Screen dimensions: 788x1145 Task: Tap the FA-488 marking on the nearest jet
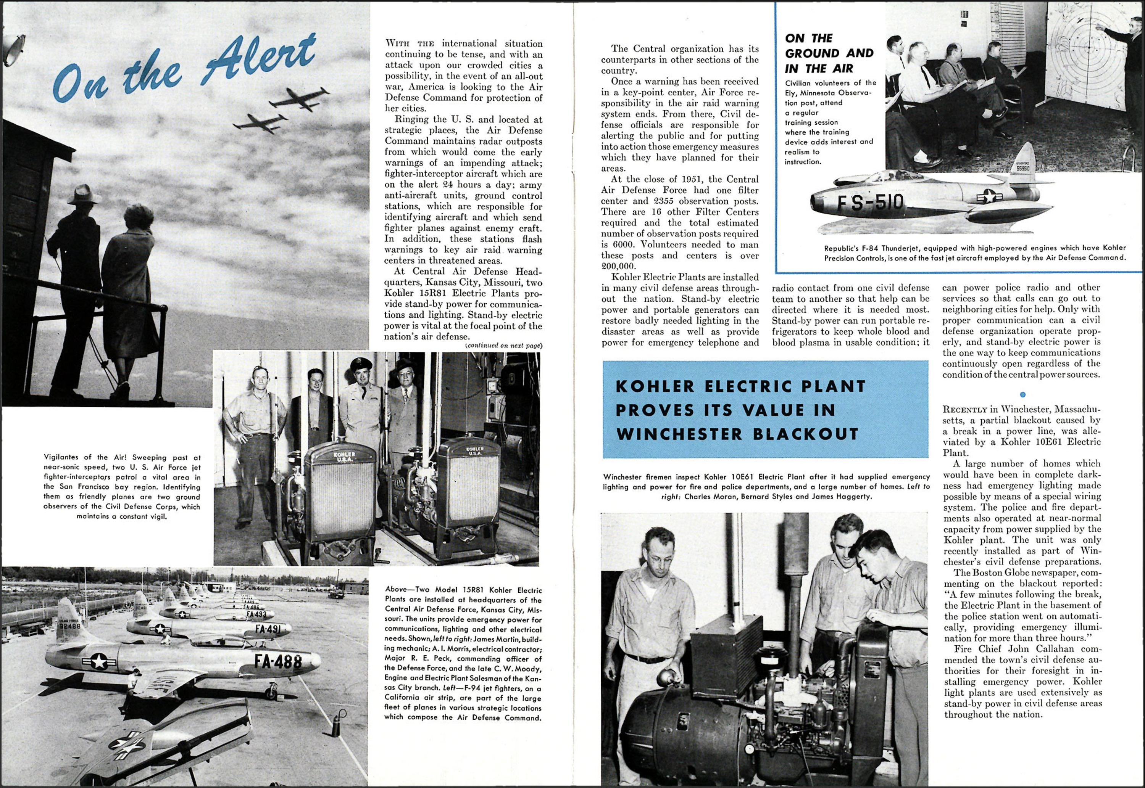pyautogui.click(x=277, y=661)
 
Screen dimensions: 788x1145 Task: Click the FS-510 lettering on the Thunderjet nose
pyautogui.click(x=870, y=202)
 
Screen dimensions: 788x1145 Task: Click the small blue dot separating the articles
pyautogui.click(x=1022, y=394)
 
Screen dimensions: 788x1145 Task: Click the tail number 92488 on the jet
pyautogui.click(x=69, y=626)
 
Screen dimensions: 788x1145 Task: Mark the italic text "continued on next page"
pyautogui.click(x=503, y=346)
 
